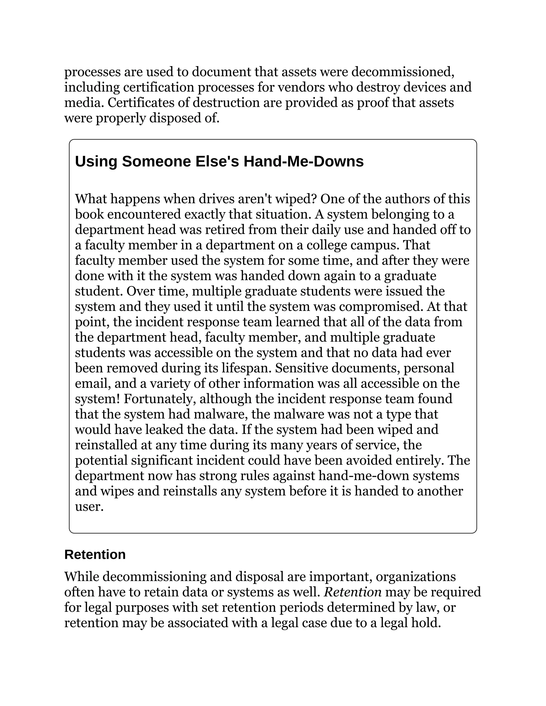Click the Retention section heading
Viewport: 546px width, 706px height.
coord(95,554)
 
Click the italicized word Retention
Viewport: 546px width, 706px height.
coord(352,592)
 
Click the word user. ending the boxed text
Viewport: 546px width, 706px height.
coord(89,506)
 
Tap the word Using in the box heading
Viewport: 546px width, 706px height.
coord(96,161)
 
